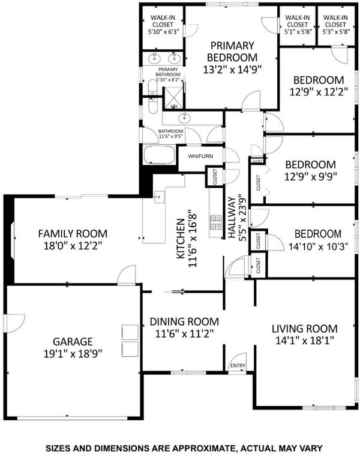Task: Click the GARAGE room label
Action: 73,342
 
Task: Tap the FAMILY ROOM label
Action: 73,234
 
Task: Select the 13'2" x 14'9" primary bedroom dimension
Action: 232,70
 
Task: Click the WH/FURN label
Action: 200,156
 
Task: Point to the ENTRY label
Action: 238,366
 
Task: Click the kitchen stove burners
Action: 216,222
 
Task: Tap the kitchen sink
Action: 159,197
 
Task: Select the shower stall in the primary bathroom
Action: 174,98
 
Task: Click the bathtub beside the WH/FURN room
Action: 160,155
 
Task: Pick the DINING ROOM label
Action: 184,321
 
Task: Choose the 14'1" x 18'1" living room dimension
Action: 305,341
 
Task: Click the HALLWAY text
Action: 232,218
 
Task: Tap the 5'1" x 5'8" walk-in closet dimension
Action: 297,31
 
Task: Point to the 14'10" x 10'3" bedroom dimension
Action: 318,246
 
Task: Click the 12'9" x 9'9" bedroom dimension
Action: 310,176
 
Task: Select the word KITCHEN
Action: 181,239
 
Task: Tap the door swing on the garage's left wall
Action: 14,323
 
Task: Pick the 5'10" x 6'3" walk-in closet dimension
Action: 163,31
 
